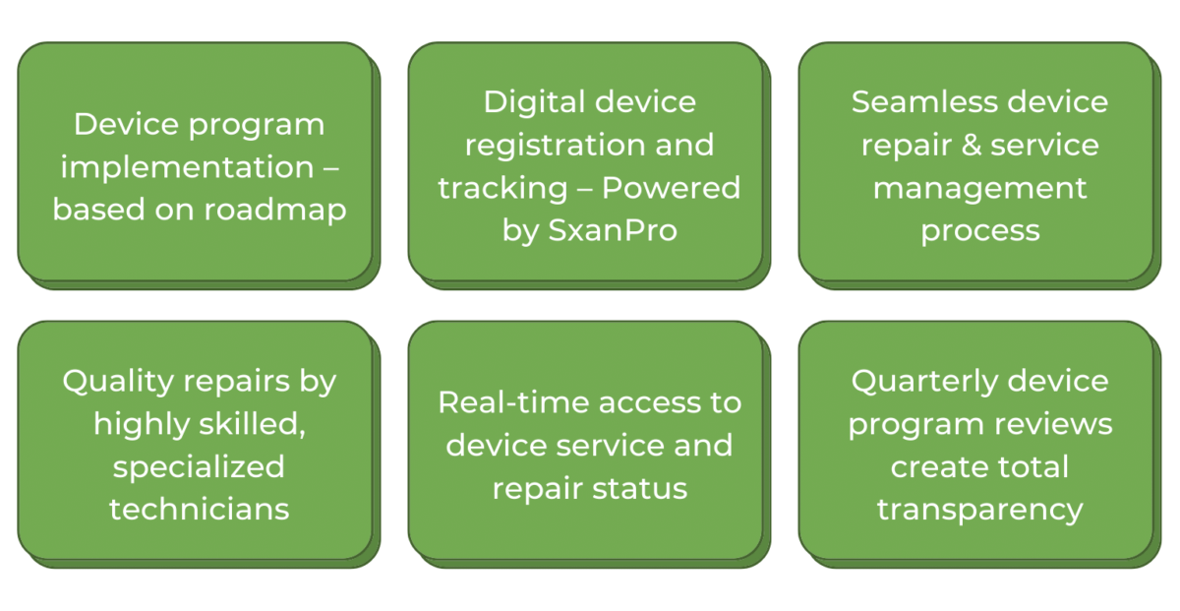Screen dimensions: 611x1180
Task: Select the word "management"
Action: point(979,188)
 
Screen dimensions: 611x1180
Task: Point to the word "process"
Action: point(979,231)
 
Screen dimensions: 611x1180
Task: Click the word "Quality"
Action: point(119,382)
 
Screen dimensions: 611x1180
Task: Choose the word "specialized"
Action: point(199,466)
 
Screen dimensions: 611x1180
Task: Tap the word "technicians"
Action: point(199,509)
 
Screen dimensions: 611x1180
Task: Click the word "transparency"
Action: point(979,509)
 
